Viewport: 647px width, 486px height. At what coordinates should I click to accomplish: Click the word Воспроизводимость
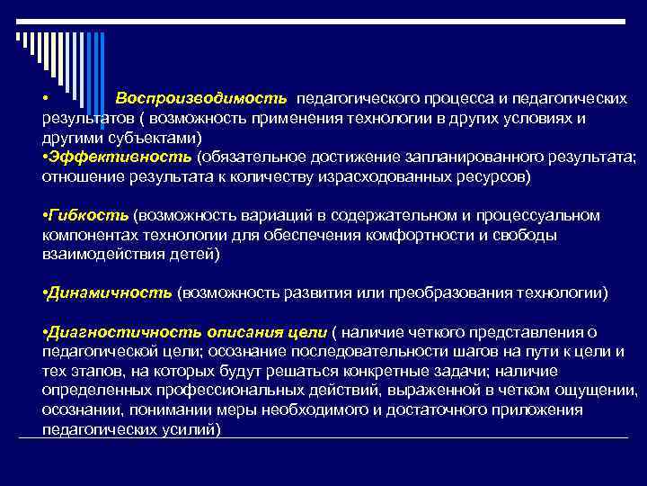[x=201, y=98]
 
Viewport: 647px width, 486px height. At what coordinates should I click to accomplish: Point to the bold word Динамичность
[x=111, y=292]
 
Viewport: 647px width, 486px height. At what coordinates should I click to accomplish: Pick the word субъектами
[x=162, y=137]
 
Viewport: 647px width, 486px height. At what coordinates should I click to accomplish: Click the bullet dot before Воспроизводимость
[x=45, y=98]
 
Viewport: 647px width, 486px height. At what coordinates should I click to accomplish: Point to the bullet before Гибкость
[x=45, y=216]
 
